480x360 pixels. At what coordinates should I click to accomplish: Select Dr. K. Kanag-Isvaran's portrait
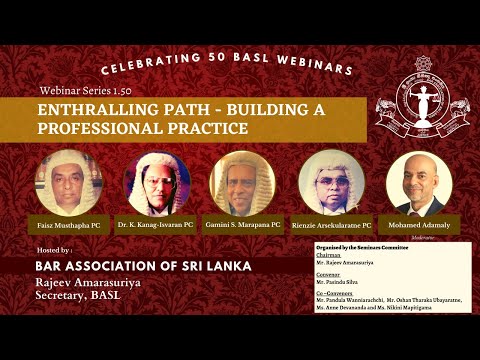pyautogui.click(x=157, y=183)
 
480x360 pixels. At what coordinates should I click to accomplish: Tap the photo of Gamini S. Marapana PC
pyautogui.click(x=242, y=183)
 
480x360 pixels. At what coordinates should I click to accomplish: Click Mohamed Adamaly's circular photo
pyautogui.click(x=419, y=183)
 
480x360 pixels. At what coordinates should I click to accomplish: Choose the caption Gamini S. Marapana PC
pyautogui.click(x=242, y=225)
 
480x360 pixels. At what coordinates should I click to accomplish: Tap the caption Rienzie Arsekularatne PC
pyautogui.click(x=332, y=225)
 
